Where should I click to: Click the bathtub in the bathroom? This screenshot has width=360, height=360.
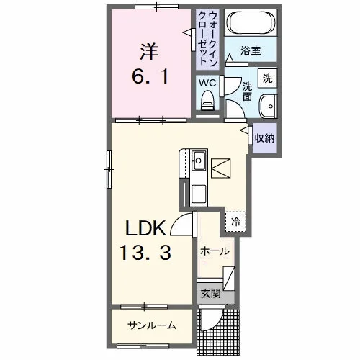coord(251,23)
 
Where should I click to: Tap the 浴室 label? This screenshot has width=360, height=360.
coord(251,50)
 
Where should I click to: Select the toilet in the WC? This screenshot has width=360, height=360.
coord(207,101)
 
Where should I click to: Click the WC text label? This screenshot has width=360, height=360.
coord(207,83)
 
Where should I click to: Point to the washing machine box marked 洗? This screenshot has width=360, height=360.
coord(268,78)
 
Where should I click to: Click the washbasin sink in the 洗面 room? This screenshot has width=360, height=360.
coord(269,107)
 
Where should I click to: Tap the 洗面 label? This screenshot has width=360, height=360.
coord(247,91)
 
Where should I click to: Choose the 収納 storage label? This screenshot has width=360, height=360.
coord(264,138)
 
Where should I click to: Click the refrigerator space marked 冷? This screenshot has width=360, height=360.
coord(235,222)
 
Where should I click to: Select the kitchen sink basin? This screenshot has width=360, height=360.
coord(199,161)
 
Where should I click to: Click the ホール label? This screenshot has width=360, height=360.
coord(215,252)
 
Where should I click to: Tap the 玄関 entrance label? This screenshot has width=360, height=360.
coord(210,293)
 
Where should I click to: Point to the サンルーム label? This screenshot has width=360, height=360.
coord(152,325)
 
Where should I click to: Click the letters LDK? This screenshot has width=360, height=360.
coord(145,228)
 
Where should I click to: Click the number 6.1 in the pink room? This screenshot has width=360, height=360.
coord(150,76)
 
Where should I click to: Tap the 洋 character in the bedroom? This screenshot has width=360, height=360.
coord(149,51)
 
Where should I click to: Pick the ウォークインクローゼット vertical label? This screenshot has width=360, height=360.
coord(207,38)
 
